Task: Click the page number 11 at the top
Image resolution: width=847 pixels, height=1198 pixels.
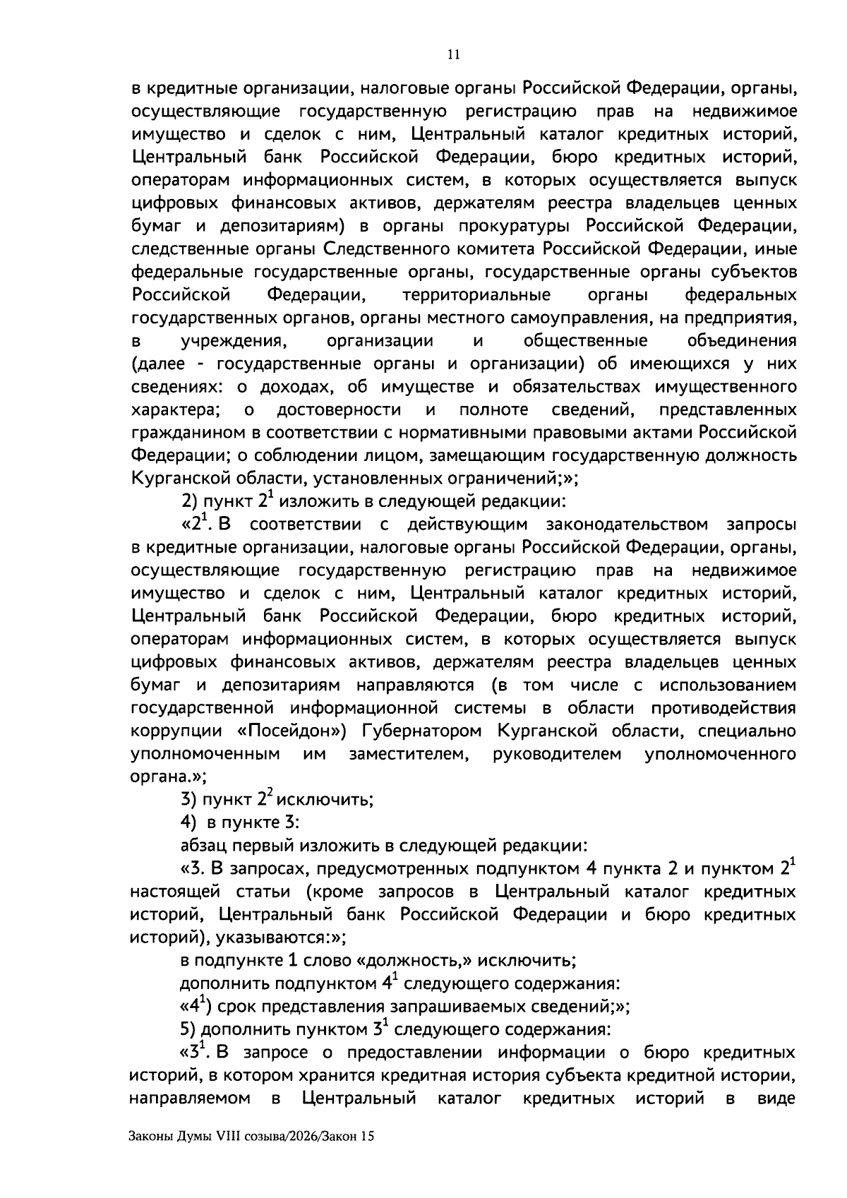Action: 454,55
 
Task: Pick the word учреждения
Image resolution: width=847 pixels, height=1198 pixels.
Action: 235,341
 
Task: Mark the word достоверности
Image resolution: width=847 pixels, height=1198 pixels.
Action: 339,409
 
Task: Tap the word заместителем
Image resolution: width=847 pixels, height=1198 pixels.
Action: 409,754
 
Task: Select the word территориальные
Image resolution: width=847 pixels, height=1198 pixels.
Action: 476,294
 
